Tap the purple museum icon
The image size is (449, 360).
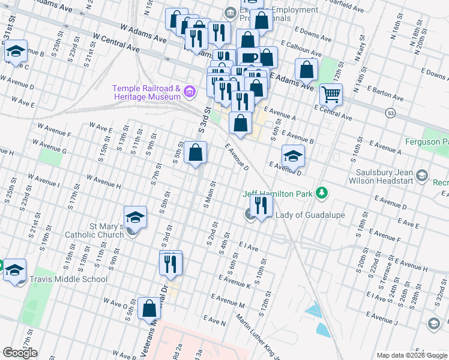tap(190, 92)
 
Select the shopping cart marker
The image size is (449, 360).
tap(331, 94)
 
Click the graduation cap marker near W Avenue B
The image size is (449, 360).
tap(16, 52)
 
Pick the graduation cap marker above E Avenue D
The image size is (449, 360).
tap(292, 156)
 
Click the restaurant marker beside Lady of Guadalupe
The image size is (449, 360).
tap(261, 206)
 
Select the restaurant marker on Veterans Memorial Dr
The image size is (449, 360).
tap(170, 263)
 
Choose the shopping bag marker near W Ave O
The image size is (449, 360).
tap(149, 308)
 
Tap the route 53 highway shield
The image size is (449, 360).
tap(391, 112)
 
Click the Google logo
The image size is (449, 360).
tap(20, 353)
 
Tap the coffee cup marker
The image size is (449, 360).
tap(248, 58)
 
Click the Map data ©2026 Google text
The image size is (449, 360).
tap(411, 355)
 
